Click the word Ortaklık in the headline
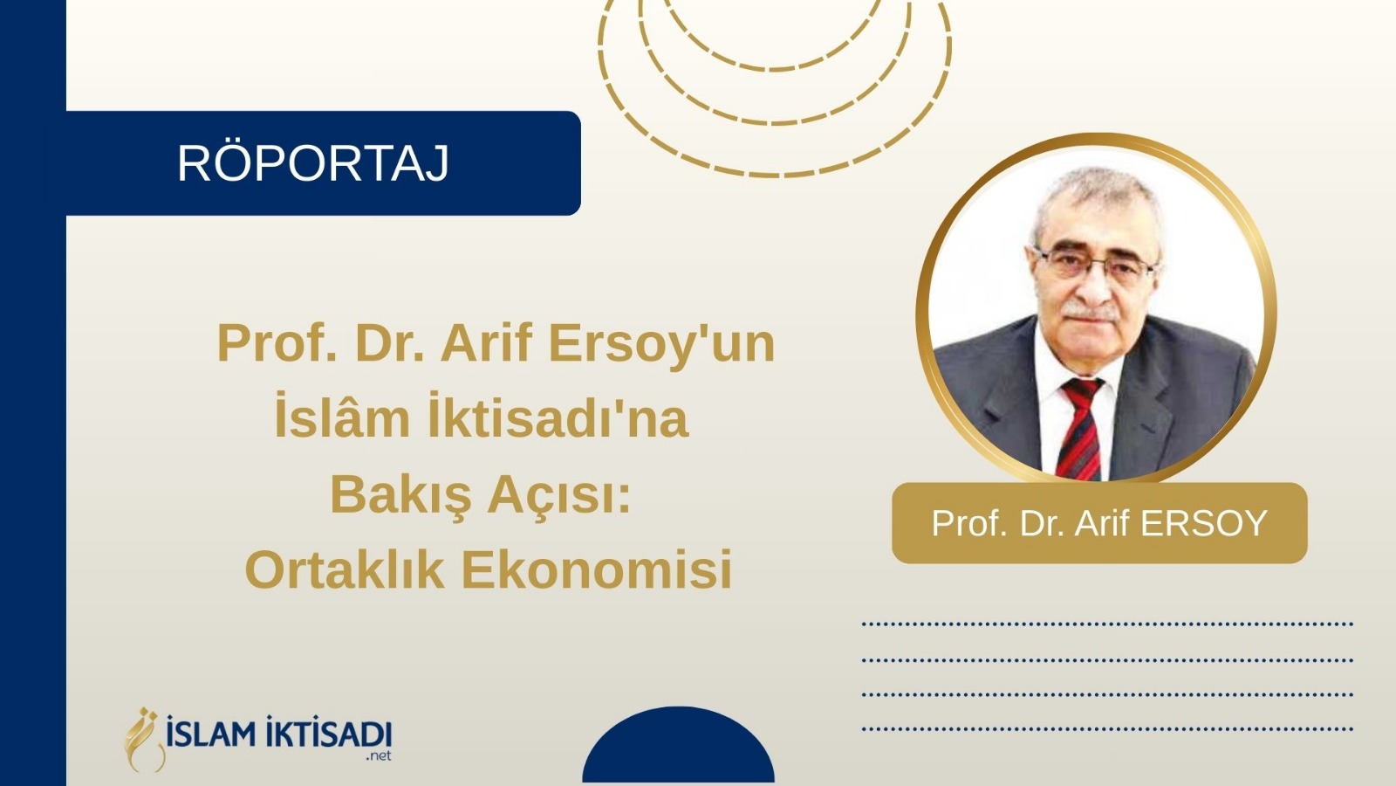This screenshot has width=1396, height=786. pos(345,569)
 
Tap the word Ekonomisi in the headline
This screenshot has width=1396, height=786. pos(597,569)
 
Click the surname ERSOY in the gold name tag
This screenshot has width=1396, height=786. pos(1203,523)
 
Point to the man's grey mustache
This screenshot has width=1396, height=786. pos(1091,311)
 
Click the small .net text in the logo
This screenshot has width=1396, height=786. pos(379,756)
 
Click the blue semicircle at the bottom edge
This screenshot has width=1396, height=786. pos(679,745)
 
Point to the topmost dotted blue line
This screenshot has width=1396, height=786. pos(1107,624)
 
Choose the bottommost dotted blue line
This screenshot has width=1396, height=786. pos(1107,728)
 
